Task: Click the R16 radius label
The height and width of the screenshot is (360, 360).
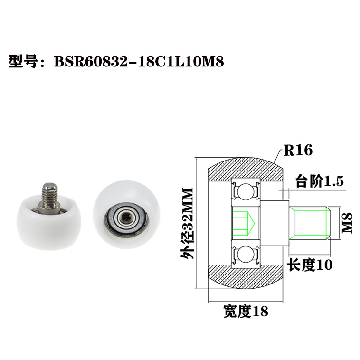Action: pyautogui.click(x=298, y=151)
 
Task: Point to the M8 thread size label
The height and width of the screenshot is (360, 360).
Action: pyautogui.click(x=348, y=223)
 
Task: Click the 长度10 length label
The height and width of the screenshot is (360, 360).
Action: pyautogui.click(x=309, y=264)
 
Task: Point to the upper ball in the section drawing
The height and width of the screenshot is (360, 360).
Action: pyautogui.click(x=245, y=192)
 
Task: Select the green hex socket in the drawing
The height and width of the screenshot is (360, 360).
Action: pyautogui.click(x=244, y=223)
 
